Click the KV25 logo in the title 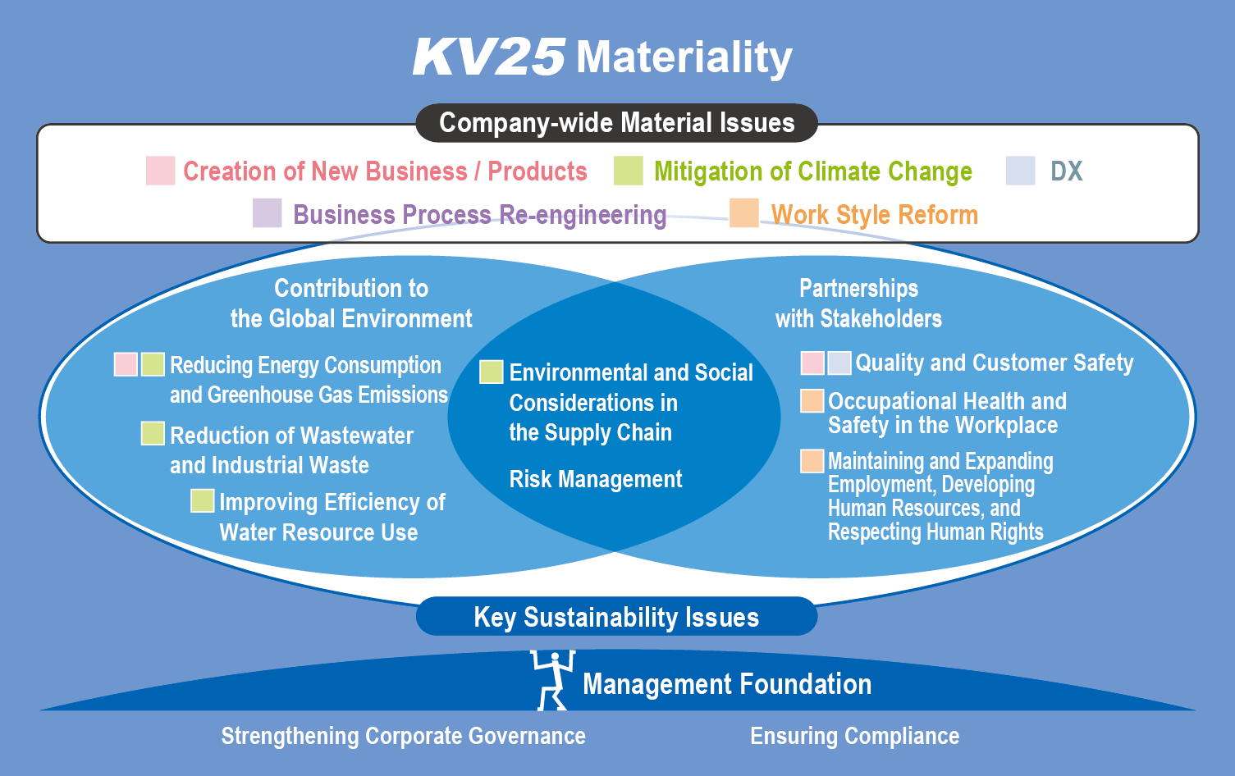coord(489,57)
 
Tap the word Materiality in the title coord(684,58)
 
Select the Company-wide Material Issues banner coord(616,123)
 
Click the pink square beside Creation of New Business coord(161,171)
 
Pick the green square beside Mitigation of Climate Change coord(629,171)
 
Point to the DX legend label coord(1066,171)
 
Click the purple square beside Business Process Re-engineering coord(268,212)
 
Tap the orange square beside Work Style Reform coord(744,212)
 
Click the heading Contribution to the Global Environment coord(351,304)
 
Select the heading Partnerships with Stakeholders coord(858,304)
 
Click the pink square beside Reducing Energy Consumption coord(126,364)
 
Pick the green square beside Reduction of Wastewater coord(153,433)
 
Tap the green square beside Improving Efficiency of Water coord(203,500)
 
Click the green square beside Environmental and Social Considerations coord(492,372)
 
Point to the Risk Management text coord(596,479)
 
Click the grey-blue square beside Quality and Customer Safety coord(839,363)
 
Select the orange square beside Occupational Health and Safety coord(812,400)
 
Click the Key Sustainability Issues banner coord(616,616)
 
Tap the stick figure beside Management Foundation coord(553,680)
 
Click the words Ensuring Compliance coord(854,737)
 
